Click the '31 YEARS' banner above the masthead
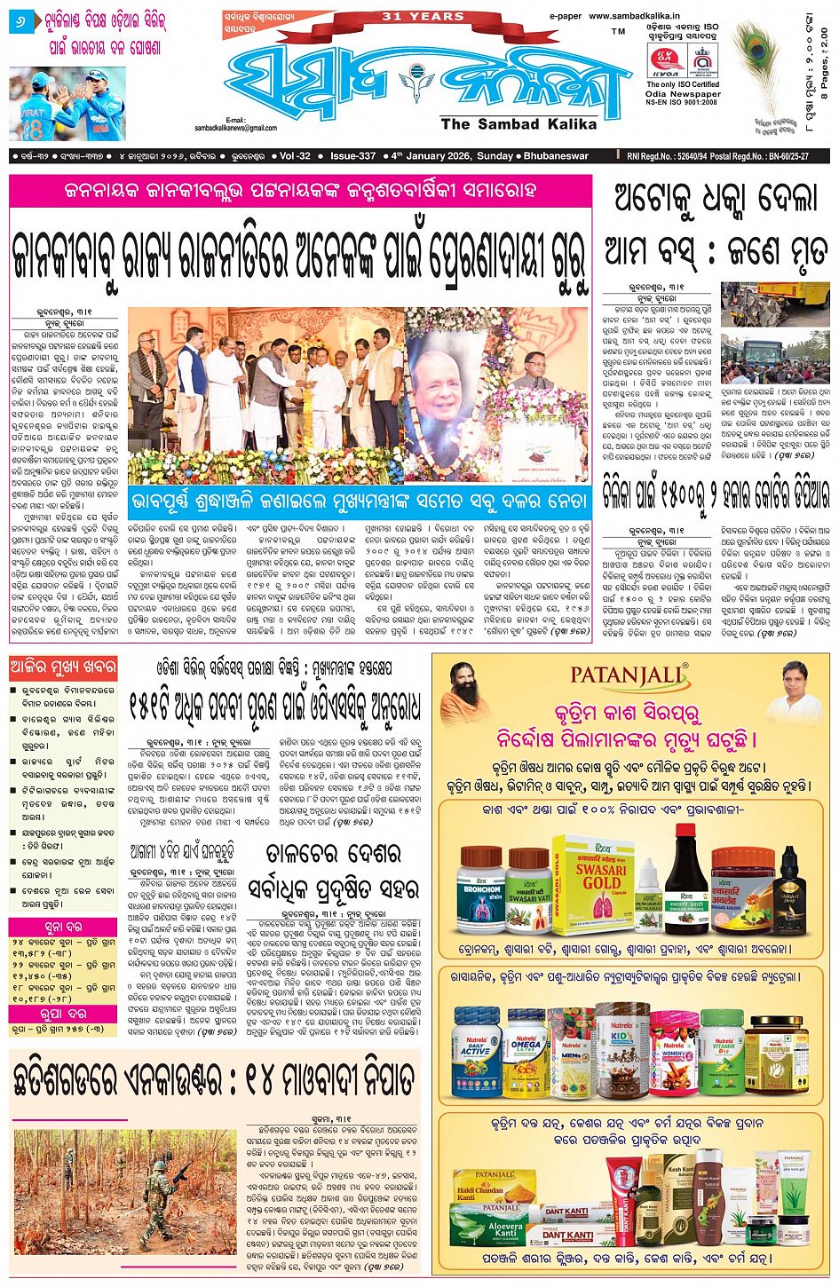[423, 16]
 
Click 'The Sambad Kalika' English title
[518, 124]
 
